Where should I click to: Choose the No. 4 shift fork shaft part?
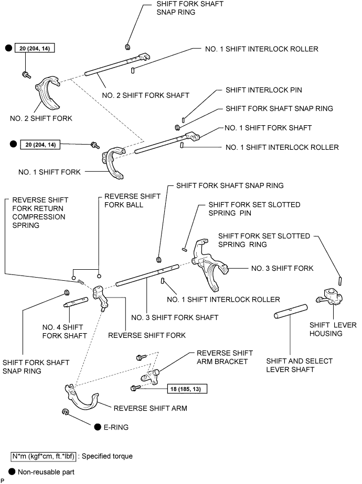click(74, 302)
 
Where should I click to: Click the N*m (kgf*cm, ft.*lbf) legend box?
click(42, 456)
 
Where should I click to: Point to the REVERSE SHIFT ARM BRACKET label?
click(224, 357)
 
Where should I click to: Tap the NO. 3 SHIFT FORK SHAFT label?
click(175, 317)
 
